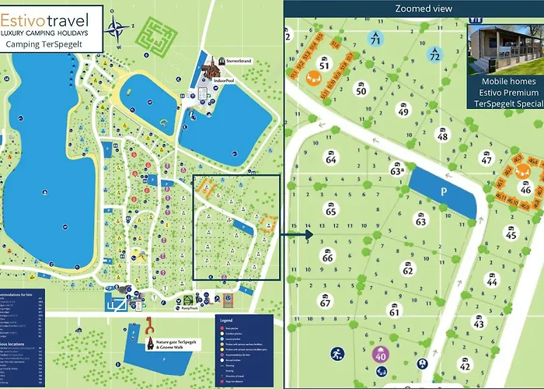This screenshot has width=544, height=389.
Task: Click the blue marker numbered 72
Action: (435, 54)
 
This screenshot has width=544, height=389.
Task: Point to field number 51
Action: (324, 64)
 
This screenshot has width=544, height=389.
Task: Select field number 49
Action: (403, 110)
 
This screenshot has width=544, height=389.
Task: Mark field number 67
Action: (326, 301)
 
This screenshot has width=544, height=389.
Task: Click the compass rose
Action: (118, 31)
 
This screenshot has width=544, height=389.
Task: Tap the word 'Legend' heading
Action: (226, 320)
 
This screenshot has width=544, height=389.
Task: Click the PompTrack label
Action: (191, 309)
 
